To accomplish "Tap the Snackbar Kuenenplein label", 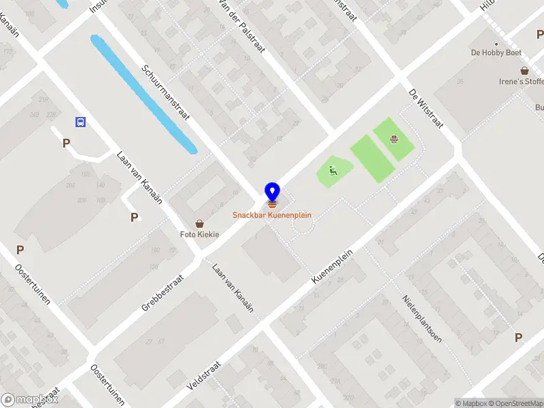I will (272, 215).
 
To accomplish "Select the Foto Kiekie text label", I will (199, 235).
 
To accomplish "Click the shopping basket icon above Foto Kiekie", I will (199, 223).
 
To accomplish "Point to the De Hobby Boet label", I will (496, 52).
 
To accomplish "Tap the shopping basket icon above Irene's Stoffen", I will (525, 70).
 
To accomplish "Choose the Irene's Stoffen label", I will (521, 82).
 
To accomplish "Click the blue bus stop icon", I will (80, 122).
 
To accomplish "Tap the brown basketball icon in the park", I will (394, 140).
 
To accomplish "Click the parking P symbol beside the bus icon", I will (66, 143).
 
